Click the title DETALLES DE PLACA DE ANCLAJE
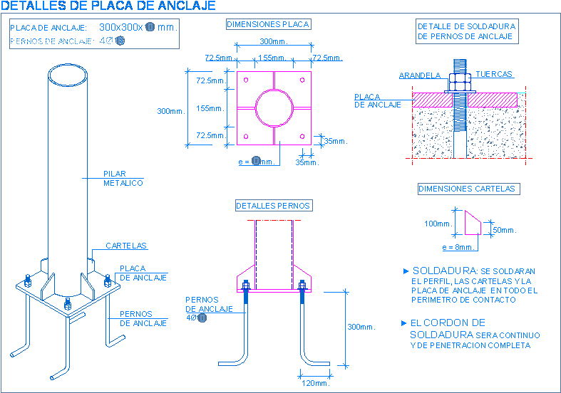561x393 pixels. [108, 6]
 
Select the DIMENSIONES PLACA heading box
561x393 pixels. [268, 24]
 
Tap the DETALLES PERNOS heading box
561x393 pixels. [274, 206]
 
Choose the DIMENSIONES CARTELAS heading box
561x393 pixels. [468, 189]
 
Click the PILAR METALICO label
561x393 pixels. [123, 178]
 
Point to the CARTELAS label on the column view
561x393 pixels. [126, 246]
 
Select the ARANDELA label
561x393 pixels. [419, 75]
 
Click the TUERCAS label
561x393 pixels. [494, 74]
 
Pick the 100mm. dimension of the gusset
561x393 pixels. [438, 224]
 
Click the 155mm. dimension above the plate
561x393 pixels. [272, 57]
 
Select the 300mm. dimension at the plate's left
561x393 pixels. [171, 110]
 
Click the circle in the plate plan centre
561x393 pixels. [273, 108]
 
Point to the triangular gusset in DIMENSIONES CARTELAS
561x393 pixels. [472, 223]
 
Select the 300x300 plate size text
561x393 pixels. [120, 27]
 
